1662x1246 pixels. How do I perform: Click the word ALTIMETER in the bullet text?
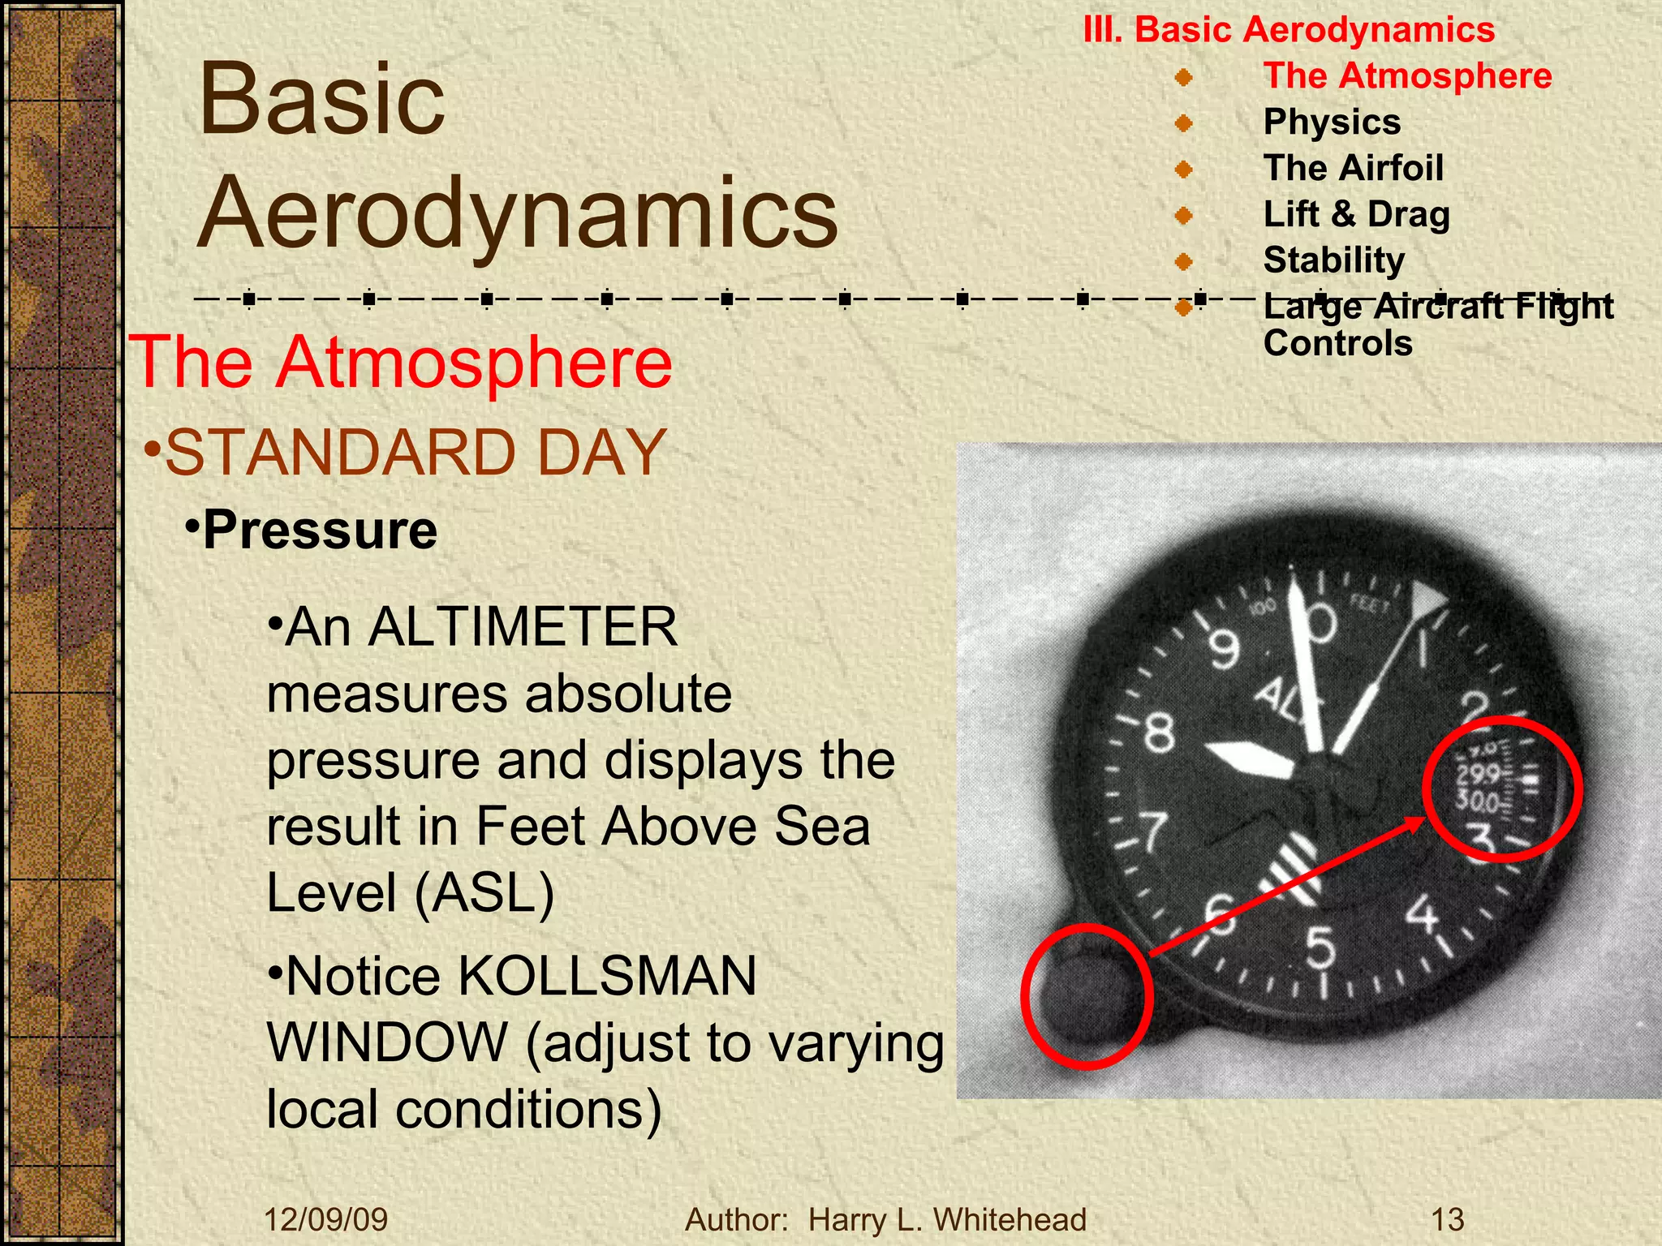(523, 627)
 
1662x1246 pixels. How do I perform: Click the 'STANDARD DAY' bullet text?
(415, 453)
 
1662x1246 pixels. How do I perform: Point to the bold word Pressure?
(320, 531)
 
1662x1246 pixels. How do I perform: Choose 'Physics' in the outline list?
(1332, 122)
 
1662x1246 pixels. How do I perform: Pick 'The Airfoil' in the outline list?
(1354, 169)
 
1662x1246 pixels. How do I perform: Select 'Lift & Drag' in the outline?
(1356, 215)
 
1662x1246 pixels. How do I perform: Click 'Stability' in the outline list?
(1334, 260)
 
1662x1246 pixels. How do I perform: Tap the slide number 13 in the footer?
(1447, 1220)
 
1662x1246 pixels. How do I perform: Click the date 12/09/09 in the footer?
(326, 1220)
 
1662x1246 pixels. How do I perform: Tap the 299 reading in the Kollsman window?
(1477, 774)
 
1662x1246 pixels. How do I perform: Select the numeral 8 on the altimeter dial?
(1159, 733)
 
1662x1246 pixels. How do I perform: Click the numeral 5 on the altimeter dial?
(1320, 947)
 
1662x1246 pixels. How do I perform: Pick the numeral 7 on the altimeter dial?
(1153, 832)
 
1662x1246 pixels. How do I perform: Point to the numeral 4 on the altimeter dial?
(1422, 913)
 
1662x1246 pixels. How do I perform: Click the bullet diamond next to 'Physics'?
(1184, 123)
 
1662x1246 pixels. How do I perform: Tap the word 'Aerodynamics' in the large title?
(518, 213)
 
